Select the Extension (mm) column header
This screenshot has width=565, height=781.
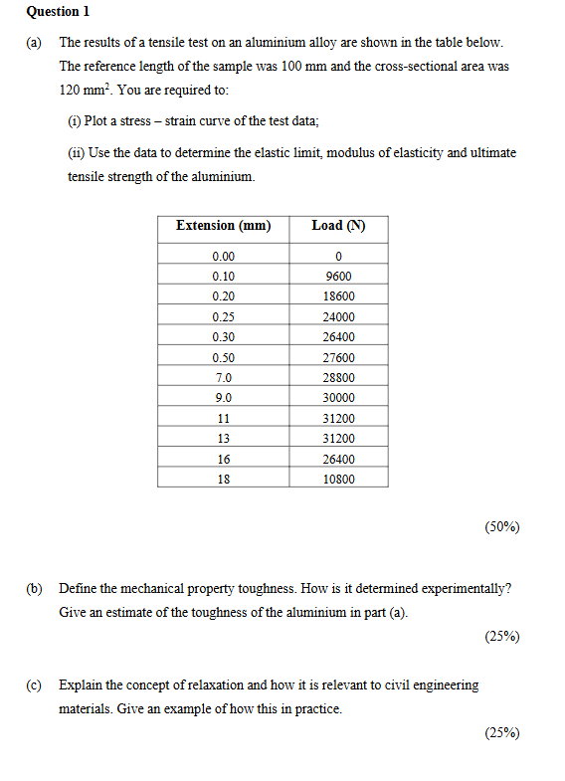coord(223,226)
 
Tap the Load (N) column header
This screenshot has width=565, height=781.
coord(338,226)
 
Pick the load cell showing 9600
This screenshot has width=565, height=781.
coord(338,277)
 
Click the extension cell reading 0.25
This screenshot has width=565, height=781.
coord(223,317)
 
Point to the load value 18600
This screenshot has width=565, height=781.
coord(338,296)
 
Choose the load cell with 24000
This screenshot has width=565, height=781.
coord(338,317)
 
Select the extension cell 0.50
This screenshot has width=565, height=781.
coord(223,358)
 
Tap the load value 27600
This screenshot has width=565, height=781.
coord(338,358)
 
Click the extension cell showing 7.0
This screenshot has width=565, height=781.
coord(223,378)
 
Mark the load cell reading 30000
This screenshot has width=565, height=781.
coord(338,398)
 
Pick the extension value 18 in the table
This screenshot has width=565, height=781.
coord(223,480)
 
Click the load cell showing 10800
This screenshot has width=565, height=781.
coord(338,480)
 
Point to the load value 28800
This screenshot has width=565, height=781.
coord(338,378)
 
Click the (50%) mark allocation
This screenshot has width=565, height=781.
coord(501,526)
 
